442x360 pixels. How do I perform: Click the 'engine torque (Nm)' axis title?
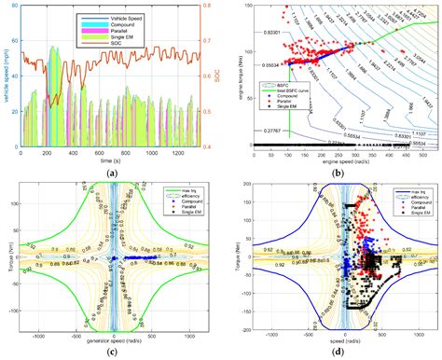click(x=230, y=76)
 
